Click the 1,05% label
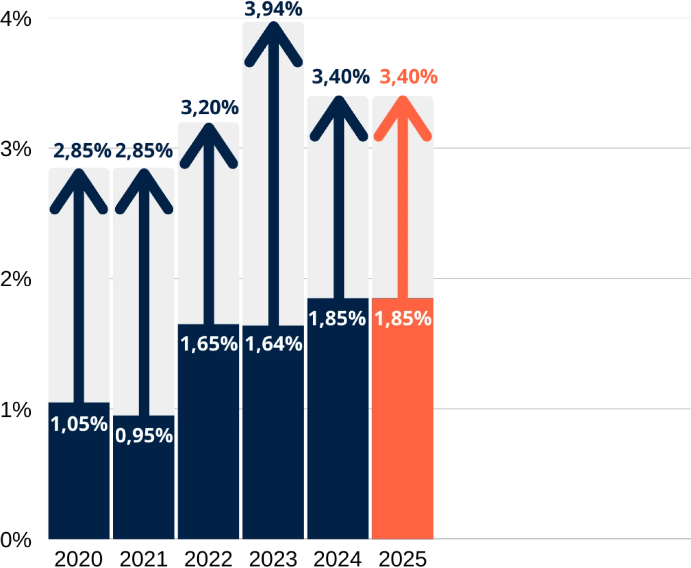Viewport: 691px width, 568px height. coord(79,424)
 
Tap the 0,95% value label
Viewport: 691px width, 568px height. coord(144,436)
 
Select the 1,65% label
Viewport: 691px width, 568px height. coord(209,344)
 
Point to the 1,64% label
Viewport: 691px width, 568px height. coord(273,344)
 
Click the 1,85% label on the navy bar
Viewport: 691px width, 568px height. coord(337,318)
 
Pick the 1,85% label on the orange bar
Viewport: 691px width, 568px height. coord(402,318)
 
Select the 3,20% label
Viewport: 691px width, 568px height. coord(209,107)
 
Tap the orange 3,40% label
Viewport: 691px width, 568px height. coord(408,77)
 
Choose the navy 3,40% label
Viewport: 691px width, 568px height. coord(340,77)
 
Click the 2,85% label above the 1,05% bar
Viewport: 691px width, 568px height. coord(82,151)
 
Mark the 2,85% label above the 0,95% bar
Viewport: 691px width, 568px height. coord(144,151)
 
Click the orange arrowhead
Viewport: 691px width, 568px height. coord(402,117)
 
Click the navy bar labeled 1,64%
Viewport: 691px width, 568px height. coord(273,447)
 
